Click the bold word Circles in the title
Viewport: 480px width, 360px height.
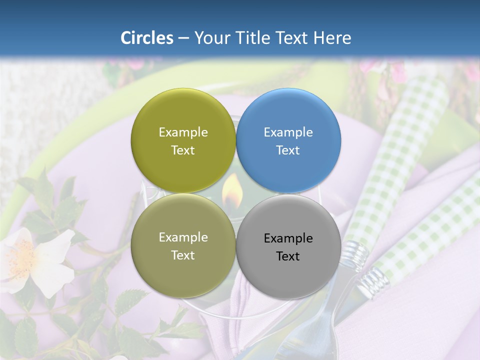147,38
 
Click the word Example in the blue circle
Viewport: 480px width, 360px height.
288,132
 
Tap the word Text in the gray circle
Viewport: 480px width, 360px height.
287,256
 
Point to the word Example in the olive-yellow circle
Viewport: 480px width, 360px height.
183,132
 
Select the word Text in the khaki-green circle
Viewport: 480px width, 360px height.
182,255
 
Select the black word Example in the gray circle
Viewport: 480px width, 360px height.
288,238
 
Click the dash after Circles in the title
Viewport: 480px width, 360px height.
183,38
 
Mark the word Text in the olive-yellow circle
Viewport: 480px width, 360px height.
182,150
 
